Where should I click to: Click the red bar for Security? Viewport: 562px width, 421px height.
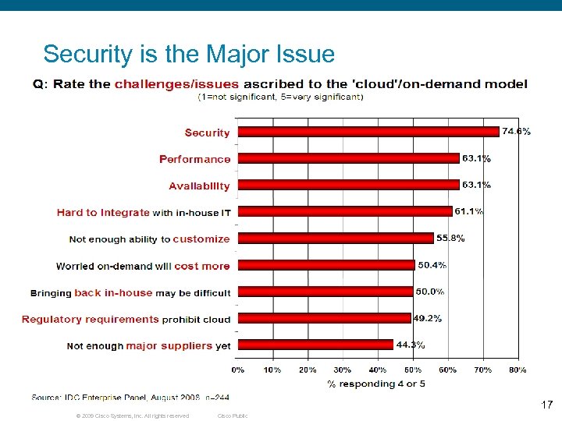click(x=368, y=132)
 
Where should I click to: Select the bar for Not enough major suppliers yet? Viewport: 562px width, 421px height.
click(x=315, y=345)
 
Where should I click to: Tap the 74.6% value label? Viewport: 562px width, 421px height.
click(x=516, y=132)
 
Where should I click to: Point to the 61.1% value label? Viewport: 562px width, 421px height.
click(x=470, y=211)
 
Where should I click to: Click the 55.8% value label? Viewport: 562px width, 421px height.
click(x=450, y=238)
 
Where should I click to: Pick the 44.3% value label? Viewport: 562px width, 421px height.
click(x=410, y=345)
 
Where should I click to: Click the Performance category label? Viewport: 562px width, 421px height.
click(x=194, y=159)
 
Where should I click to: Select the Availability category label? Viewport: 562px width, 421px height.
click(x=199, y=186)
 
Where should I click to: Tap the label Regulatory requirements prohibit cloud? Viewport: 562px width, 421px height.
click(x=126, y=319)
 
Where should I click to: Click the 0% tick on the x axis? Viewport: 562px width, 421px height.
click(x=237, y=370)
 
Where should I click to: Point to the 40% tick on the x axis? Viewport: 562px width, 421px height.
click(x=377, y=370)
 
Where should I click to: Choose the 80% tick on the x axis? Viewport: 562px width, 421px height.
click(x=517, y=370)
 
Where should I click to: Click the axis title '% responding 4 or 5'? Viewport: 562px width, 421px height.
click(x=376, y=384)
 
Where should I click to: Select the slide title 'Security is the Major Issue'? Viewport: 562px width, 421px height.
click(x=189, y=54)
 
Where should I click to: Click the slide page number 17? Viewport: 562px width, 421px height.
click(x=546, y=405)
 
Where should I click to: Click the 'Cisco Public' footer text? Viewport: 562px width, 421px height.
click(x=233, y=416)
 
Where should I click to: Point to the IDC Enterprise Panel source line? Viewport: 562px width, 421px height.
click(x=130, y=398)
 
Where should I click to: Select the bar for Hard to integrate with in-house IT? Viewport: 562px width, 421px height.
click(x=344, y=211)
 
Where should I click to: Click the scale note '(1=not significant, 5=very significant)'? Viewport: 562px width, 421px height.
click(x=280, y=97)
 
